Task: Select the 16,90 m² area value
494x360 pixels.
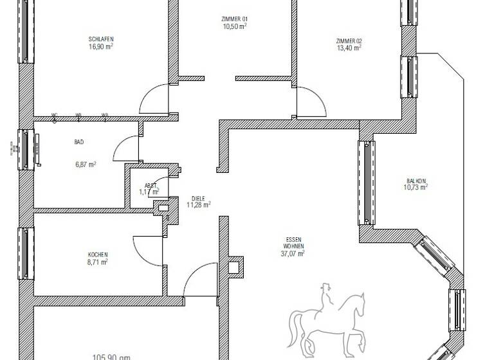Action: [x=101, y=46]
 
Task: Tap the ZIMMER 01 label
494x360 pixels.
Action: [x=235, y=19]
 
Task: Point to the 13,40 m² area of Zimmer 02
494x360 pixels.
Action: [x=349, y=47]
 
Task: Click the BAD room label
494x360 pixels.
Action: [x=79, y=142]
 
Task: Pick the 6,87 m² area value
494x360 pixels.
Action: [x=85, y=165]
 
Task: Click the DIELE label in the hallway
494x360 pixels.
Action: [x=199, y=198]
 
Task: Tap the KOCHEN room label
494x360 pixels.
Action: [x=98, y=254]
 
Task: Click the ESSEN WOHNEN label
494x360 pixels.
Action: [x=293, y=242]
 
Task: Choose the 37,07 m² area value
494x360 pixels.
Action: [x=293, y=253]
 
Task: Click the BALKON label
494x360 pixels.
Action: [x=417, y=181]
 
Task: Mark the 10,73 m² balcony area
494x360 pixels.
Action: [x=416, y=188]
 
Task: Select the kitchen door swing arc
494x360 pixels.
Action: [x=145, y=248]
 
